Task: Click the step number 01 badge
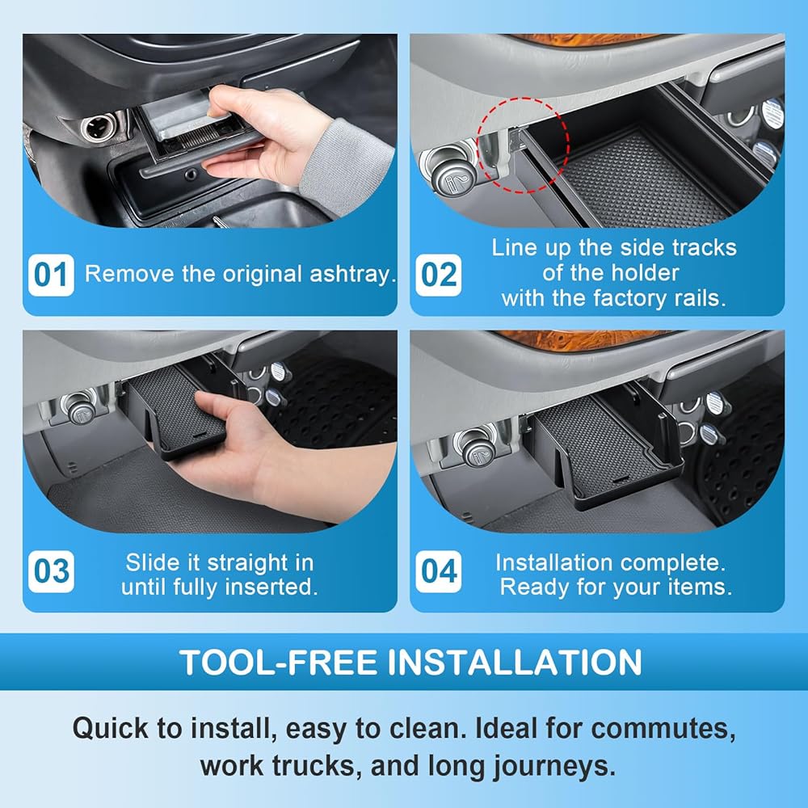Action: pos(51,275)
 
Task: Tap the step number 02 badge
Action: pos(439,275)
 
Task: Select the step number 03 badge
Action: pos(51,571)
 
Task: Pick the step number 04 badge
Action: pos(439,571)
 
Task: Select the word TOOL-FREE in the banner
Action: pos(278,663)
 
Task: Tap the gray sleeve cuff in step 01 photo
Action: pos(344,165)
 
